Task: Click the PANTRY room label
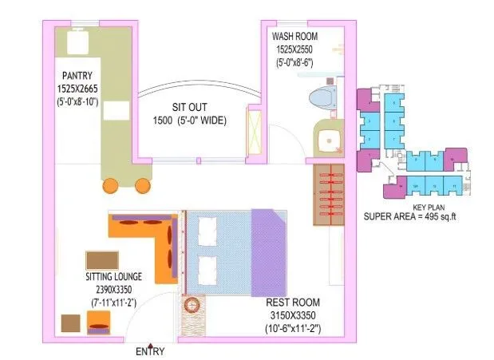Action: [73, 76]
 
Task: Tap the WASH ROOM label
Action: [295, 37]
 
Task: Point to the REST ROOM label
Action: [294, 303]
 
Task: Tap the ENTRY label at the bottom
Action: [150, 351]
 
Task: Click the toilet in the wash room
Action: [324, 100]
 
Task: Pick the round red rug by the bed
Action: [192, 306]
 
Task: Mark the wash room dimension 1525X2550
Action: [295, 48]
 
